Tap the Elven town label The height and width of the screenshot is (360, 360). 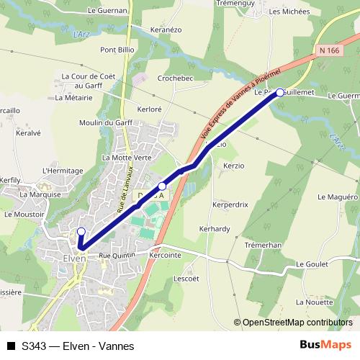point(74,258)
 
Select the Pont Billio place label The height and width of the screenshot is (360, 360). point(117,50)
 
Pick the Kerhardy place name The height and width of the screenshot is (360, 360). point(215,229)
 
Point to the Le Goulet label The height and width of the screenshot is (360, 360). point(311,265)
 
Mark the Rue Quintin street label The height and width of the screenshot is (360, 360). point(117,255)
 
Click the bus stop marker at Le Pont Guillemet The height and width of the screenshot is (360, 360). point(280,92)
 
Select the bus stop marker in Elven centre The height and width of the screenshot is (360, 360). point(81,232)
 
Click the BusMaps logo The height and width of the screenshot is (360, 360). point(325,345)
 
